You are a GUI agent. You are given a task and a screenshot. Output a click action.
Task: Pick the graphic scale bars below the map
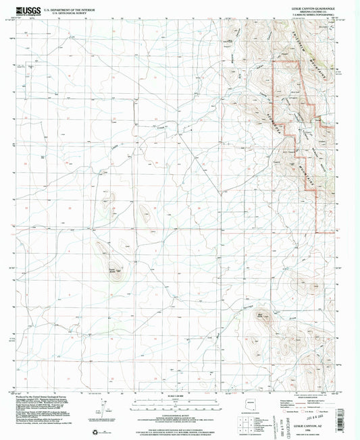tap(180, 402)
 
